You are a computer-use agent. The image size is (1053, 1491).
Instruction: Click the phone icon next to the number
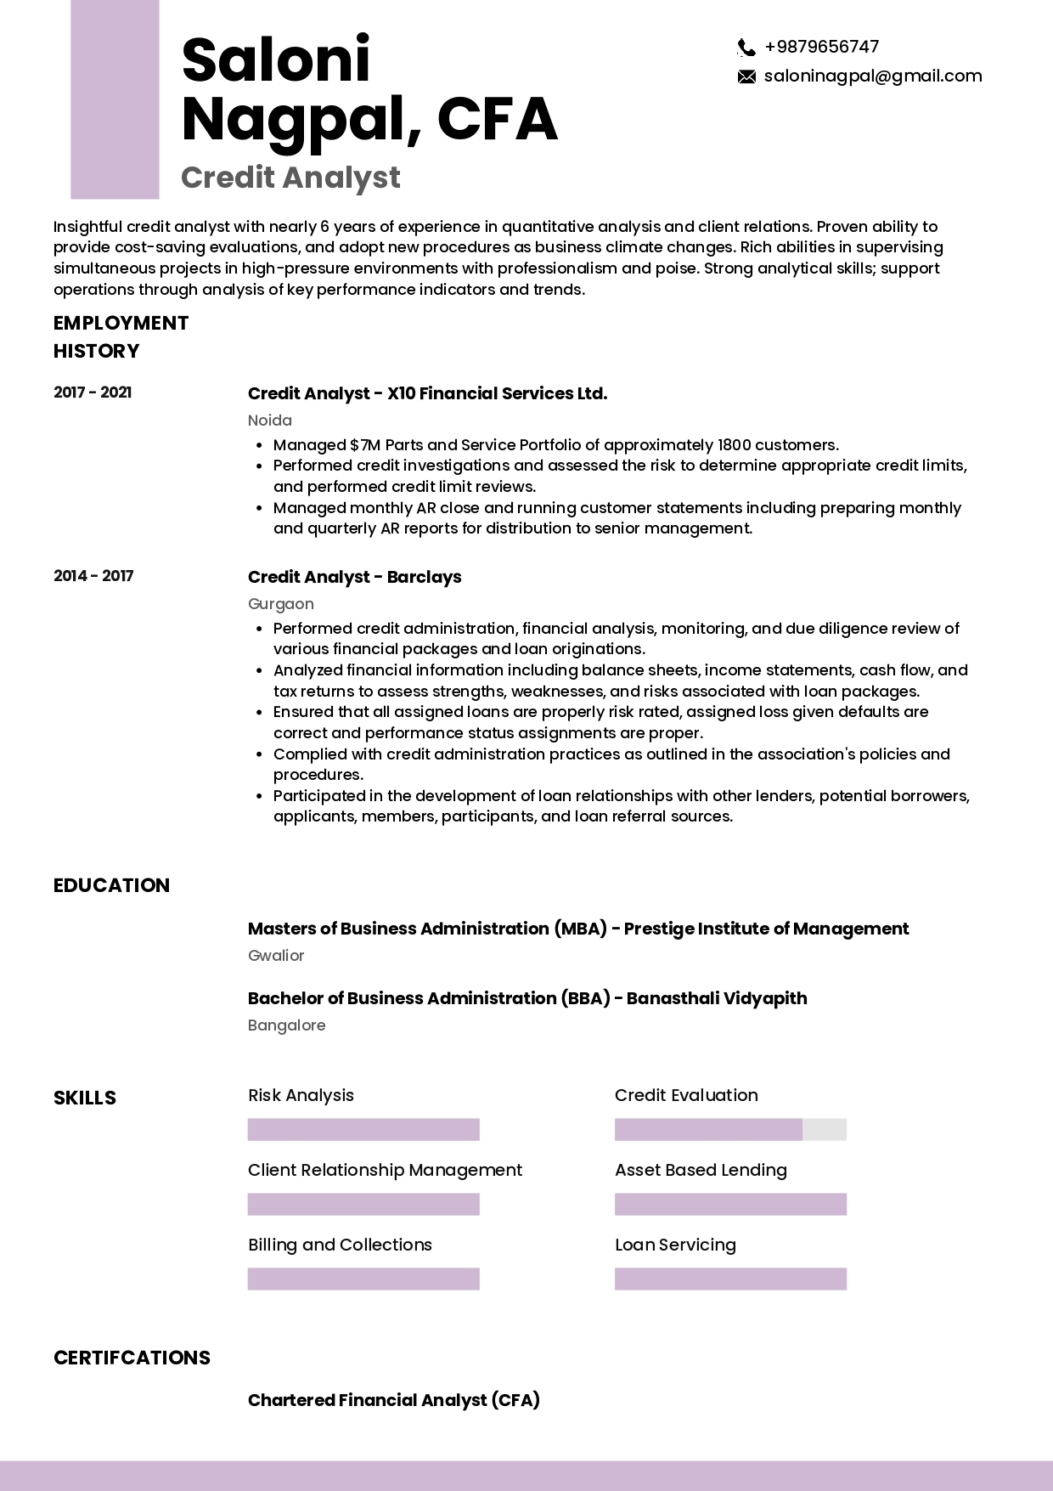[x=746, y=48]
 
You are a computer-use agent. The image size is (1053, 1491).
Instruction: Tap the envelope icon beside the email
[x=746, y=77]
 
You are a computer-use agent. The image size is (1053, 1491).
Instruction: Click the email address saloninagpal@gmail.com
[x=872, y=76]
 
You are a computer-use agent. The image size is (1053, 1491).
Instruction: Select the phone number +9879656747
[x=821, y=47]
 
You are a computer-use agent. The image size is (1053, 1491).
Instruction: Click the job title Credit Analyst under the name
[x=290, y=178]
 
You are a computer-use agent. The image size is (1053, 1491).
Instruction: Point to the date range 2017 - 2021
[x=93, y=393]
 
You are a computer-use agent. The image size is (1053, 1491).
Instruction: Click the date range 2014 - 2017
[x=93, y=576]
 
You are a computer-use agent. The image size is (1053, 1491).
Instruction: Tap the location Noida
[x=269, y=421]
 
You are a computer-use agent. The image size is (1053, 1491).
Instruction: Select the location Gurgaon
[x=280, y=604]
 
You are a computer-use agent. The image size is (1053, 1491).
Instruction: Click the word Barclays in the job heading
[x=424, y=577]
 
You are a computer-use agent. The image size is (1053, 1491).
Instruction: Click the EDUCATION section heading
[x=111, y=885]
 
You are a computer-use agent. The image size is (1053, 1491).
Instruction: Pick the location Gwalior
[x=275, y=956]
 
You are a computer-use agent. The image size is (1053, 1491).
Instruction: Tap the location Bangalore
[x=286, y=1025]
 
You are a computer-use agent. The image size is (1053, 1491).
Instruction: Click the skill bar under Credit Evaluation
[x=729, y=1130]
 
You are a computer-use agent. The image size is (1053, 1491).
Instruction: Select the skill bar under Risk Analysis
[x=363, y=1130]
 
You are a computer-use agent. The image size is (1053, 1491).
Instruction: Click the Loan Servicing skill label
[x=675, y=1245]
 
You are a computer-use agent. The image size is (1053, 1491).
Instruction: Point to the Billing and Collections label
[x=340, y=1245]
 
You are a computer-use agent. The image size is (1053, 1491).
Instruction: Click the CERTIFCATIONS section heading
[x=132, y=1358]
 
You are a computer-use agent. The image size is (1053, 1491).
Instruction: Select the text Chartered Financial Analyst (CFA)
[x=393, y=1400]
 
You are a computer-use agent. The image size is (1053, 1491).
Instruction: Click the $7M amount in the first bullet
[x=360, y=445]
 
